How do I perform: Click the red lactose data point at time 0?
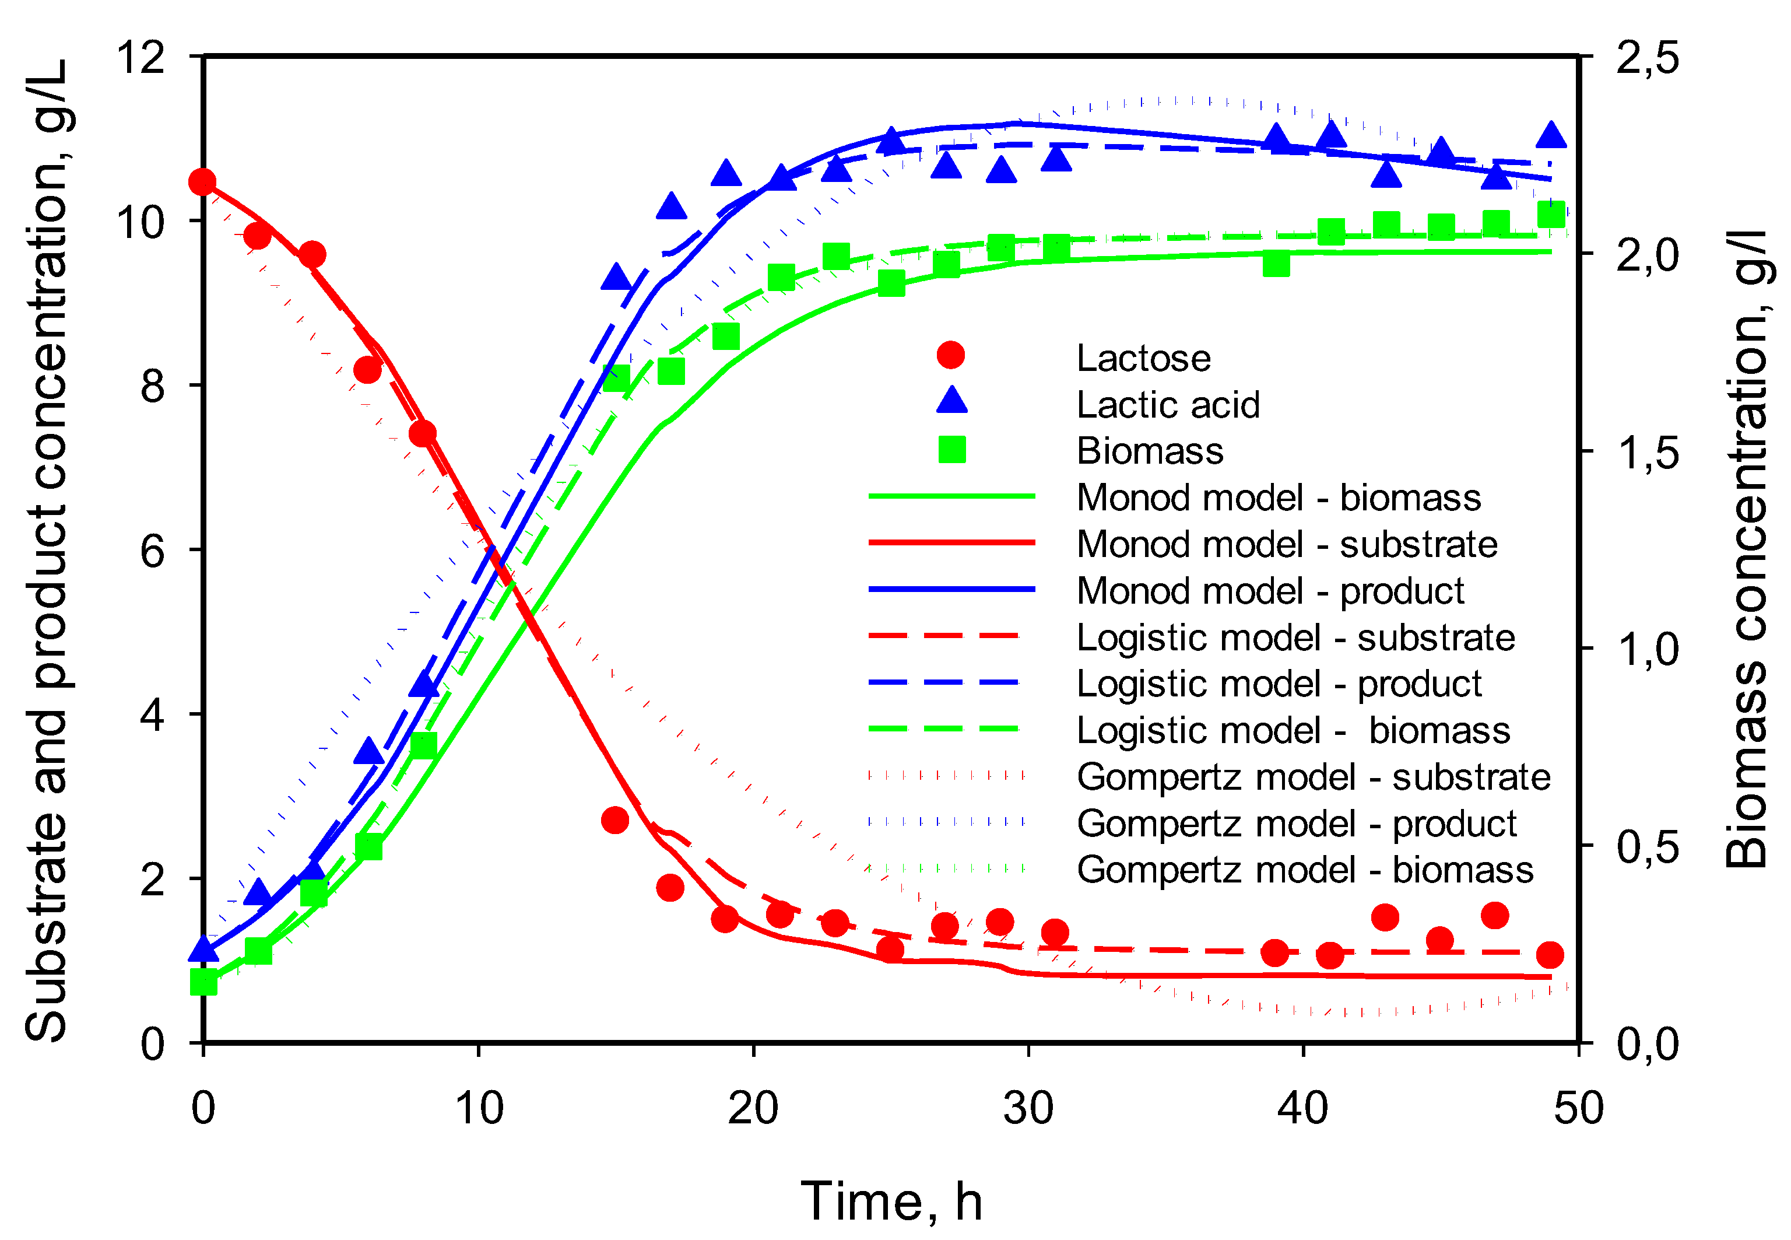coord(203,183)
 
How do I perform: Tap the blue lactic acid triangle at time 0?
coord(203,948)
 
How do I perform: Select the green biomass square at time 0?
coord(203,983)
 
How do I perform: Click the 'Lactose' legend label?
coord(1143,358)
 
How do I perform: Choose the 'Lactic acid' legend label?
coord(1167,405)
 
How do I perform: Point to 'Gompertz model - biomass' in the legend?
coord(1304,870)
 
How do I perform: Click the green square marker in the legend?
coord(951,450)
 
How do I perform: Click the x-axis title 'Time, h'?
coord(891,1201)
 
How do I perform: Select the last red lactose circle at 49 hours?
coord(1550,954)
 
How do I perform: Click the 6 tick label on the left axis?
coord(153,551)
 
